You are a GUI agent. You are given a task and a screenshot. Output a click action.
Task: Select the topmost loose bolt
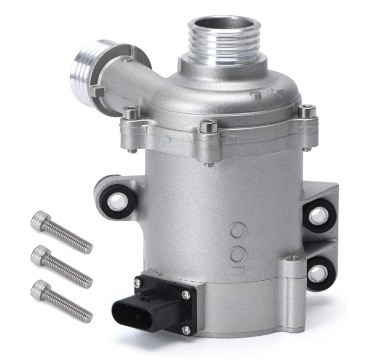point(61,232)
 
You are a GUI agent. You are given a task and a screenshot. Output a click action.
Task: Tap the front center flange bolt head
point(207,125)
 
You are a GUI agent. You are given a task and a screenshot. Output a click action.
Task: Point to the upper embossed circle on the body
point(237,231)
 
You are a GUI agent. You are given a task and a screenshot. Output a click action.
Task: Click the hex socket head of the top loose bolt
point(38,220)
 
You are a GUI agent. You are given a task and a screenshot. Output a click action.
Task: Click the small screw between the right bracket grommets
point(295,257)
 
